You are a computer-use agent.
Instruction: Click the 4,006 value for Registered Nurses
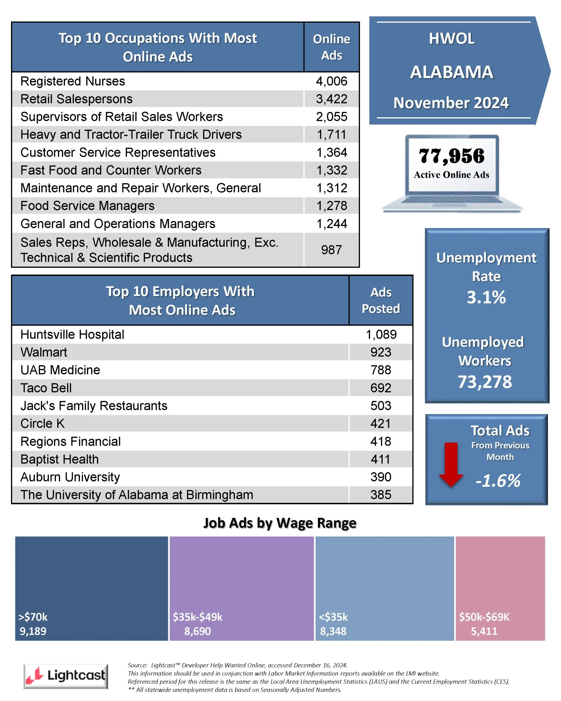331,81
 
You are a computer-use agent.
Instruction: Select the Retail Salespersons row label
76,99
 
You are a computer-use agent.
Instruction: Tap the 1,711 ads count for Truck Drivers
331,135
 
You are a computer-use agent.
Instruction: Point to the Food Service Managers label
87,206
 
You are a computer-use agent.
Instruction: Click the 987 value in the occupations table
331,250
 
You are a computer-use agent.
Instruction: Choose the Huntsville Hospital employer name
72,335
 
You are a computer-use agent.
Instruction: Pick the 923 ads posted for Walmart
380,352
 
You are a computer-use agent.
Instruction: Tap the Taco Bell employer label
46,388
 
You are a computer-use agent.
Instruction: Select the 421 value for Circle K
380,423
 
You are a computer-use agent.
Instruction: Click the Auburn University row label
70,477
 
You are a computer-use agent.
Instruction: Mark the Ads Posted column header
380,300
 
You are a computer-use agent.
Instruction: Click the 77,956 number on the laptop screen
451,156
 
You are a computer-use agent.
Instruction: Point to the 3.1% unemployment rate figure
486,297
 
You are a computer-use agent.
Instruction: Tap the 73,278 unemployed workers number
485,382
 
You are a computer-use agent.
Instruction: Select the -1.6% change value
498,481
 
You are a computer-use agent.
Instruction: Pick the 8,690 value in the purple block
198,631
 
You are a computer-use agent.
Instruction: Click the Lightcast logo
66,676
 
